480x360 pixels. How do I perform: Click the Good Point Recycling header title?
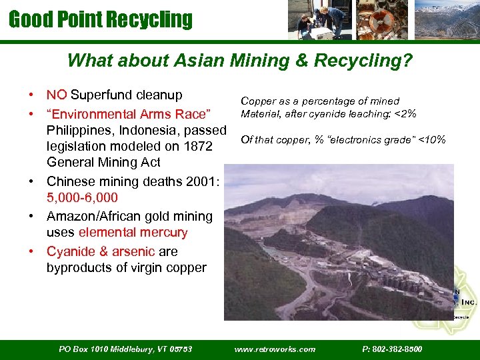(100, 19)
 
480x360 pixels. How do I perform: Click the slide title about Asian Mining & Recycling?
(240, 61)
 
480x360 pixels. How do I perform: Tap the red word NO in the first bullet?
(57, 95)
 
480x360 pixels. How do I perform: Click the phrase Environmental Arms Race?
(129, 113)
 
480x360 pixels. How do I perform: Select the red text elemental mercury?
(133, 233)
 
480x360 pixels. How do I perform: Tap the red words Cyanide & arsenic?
(101, 251)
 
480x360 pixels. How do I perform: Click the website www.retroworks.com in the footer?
(275, 349)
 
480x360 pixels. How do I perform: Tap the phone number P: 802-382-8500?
(392, 349)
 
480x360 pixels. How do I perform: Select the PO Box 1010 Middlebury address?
(125, 349)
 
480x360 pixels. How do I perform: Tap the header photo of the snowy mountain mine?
(446, 19)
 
